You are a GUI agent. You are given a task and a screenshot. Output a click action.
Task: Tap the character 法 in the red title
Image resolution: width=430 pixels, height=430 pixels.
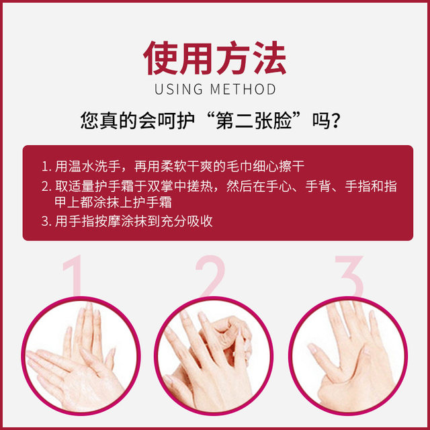268,58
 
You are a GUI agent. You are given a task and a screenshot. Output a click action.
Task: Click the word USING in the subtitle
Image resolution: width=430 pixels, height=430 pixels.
177,89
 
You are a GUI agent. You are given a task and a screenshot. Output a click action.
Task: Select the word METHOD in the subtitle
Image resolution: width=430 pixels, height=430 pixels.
243,89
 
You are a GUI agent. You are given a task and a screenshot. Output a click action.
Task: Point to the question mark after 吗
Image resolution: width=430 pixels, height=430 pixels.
341,122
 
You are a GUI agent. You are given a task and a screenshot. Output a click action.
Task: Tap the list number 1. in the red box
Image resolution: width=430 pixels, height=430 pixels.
45,167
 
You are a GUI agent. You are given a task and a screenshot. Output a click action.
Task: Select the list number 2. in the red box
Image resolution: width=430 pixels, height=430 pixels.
45,186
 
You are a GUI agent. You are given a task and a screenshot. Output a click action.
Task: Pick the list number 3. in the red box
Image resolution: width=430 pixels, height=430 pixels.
45,221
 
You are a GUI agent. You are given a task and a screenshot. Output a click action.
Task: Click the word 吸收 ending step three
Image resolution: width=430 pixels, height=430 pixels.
200,221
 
